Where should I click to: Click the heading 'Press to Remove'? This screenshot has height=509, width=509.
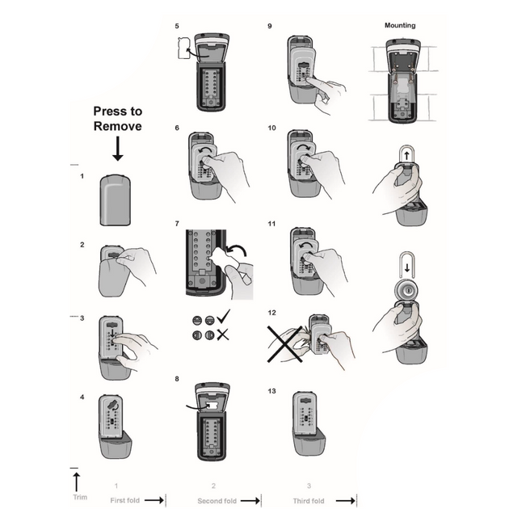(x=117, y=119)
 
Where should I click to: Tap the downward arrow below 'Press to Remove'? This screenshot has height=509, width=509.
(x=117, y=149)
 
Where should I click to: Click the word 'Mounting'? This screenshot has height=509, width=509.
(x=399, y=26)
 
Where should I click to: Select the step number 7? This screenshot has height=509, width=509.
(x=177, y=223)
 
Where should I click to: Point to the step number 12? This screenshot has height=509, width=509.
(x=271, y=313)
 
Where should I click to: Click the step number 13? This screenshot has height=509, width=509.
(x=271, y=391)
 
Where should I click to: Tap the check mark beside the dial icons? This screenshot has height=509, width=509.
(x=224, y=317)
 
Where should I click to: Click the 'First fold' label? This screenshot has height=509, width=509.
(x=125, y=501)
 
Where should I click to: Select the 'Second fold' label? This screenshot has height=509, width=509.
(x=217, y=501)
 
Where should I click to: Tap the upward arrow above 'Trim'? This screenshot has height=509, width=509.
(x=77, y=482)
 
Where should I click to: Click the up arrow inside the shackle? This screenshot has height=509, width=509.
(x=406, y=154)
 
